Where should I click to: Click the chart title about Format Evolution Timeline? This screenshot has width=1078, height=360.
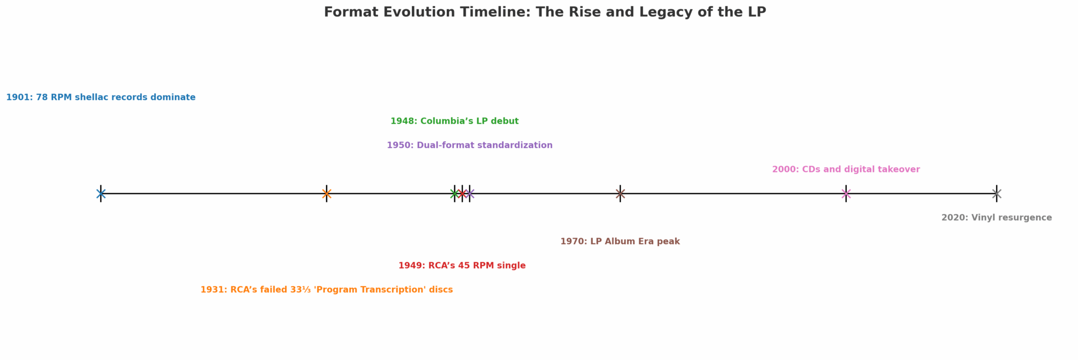tap(544, 12)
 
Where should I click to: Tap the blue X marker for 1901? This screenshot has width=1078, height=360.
tap(101, 193)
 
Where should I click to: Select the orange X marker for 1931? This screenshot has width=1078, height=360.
tap(326, 193)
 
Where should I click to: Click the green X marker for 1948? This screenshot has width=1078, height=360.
tap(454, 193)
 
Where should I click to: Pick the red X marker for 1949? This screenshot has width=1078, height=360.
tap(462, 193)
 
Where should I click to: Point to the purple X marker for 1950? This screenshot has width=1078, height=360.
tap(469, 193)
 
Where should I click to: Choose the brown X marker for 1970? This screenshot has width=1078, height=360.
tap(620, 193)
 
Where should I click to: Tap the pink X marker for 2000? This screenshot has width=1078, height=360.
tap(846, 193)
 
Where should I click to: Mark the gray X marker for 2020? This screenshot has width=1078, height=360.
tap(997, 193)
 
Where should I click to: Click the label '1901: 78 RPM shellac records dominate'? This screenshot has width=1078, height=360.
tap(101, 98)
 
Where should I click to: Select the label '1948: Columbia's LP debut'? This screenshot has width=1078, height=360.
tap(454, 121)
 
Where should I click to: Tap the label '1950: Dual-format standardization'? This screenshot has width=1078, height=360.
tap(469, 146)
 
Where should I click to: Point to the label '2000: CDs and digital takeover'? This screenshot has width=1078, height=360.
tap(846, 169)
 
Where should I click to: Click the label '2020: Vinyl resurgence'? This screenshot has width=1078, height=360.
tap(997, 218)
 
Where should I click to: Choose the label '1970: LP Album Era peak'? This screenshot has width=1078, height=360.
tap(620, 241)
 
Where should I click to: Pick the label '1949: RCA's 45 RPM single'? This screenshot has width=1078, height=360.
tap(462, 266)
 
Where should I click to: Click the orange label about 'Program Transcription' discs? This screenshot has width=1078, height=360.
tap(326, 290)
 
